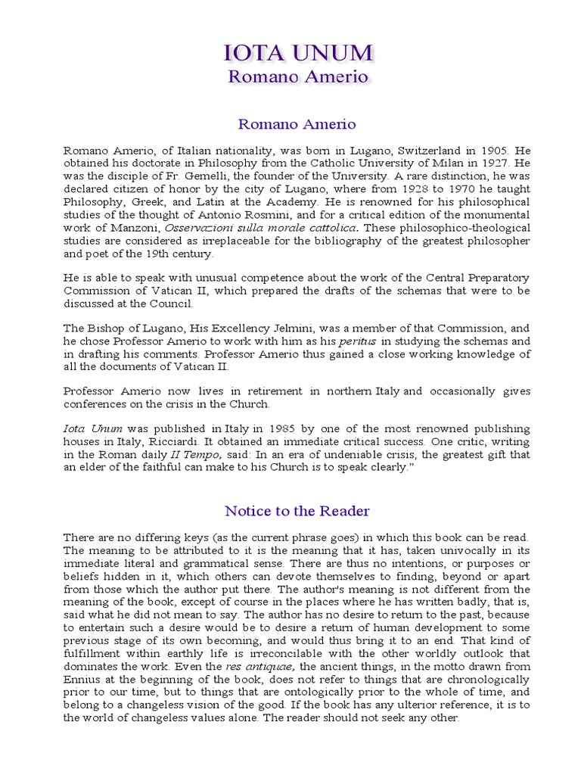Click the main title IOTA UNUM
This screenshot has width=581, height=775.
(298, 54)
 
